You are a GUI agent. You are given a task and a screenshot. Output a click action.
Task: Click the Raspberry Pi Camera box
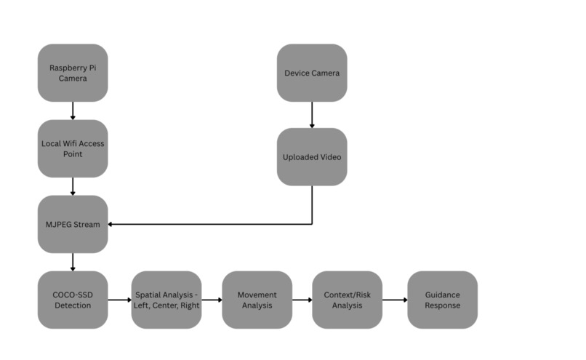[x=73, y=73]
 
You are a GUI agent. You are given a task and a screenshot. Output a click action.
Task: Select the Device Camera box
[x=312, y=73]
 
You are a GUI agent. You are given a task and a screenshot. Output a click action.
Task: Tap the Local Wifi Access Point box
[x=73, y=148]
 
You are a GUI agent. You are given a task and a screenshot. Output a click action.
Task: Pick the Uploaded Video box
[x=312, y=157]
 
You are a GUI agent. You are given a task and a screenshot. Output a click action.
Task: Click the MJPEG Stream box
[x=73, y=224]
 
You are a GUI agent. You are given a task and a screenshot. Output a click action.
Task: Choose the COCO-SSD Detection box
[x=73, y=300]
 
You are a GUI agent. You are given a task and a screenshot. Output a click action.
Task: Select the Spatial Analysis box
[x=166, y=300]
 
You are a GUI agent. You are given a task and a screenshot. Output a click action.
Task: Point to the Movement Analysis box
[x=257, y=300]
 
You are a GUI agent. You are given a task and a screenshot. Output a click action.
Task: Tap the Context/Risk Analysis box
[x=348, y=300]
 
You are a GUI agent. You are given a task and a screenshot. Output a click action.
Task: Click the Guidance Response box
[x=443, y=300]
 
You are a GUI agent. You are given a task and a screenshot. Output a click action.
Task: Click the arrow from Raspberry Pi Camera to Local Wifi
[x=73, y=111]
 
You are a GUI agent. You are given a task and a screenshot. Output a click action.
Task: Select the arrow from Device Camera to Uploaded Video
[x=312, y=115]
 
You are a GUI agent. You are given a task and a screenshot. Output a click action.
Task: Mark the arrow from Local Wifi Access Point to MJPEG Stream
[x=73, y=186]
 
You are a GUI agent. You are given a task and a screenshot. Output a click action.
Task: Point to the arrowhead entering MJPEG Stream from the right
[x=111, y=224]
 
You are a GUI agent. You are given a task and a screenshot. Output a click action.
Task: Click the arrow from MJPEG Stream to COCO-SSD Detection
[x=73, y=262]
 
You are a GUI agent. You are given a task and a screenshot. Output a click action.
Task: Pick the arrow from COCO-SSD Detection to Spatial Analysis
[x=119, y=300]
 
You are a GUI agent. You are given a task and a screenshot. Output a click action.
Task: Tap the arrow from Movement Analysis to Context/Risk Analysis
[x=302, y=300]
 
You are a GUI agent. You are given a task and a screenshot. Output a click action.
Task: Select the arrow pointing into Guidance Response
[x=395, y=300]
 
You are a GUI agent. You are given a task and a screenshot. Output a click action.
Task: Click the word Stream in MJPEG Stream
[x=89, y=224]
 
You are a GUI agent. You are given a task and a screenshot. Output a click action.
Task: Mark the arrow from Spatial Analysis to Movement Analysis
[x=212, y=300]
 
